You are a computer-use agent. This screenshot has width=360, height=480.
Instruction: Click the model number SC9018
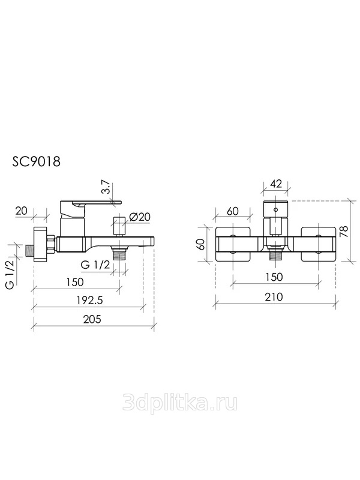point(36,161)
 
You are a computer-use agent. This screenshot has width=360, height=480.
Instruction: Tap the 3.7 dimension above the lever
point(106,187)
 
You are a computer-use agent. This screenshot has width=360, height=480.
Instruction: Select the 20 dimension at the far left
point(21,211)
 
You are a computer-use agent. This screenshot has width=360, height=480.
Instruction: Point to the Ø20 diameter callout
point(140,217)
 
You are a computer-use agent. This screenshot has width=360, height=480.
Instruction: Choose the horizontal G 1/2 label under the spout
point(95,265)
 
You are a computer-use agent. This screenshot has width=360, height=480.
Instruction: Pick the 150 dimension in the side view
point(74,281)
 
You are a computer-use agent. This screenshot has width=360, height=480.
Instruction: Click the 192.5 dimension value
point(89,301)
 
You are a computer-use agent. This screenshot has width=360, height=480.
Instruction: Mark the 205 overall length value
point(92,319)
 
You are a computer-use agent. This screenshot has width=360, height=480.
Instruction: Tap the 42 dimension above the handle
point(276,184)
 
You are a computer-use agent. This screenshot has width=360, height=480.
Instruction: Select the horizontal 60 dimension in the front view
point(233,211)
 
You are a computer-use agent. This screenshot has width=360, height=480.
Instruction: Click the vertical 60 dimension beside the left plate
point(202,244)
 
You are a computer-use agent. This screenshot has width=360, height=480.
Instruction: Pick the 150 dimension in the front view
point(274,277)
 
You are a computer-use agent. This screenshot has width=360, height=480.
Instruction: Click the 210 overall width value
point(274,296)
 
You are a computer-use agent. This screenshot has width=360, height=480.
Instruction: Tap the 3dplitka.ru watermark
point(180,402)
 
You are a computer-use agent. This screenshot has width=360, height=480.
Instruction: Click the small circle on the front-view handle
point(276,210)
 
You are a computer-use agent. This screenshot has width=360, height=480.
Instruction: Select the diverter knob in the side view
point(118,227)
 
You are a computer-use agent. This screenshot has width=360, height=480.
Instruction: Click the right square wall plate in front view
point(319,244)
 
